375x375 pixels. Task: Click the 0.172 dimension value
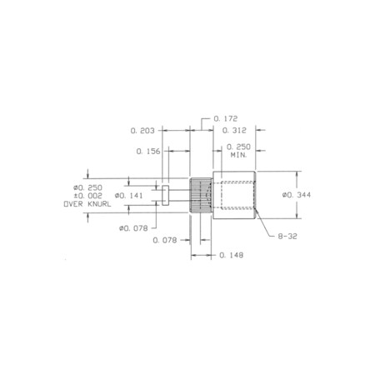pyautogui.click(x=226, y=119)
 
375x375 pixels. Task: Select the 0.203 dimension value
pyautogui.click(x=142, y=131)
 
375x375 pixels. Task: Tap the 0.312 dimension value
pyautogui.click(x=234, y=130)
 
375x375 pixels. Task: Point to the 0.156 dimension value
pyautogui.click(x=148, y=152)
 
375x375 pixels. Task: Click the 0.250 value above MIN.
pyautogui.click(x=238, y=147)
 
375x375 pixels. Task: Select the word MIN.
pyautogui.click(x=239, y=155)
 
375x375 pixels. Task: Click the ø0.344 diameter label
pyautogui.click(x=297, y=195)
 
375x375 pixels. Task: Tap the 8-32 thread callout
pyautogui.click(x=287, y=237)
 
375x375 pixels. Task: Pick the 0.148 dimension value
pyautogui.click(x=232, y=255)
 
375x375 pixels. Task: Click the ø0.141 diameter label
pyautogui.click(x=129, y=196)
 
